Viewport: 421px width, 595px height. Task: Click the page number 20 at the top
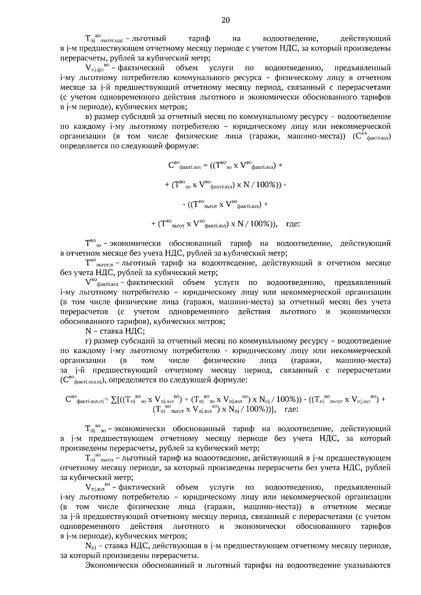point(225,20)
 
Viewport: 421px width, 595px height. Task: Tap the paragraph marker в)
point(89,117)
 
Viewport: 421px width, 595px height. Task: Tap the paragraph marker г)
point(88,341)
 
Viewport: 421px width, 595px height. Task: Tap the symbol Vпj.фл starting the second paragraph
point(98,67)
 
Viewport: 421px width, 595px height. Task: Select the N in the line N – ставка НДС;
point(88,331)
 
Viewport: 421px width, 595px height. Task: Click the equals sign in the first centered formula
point(205,166)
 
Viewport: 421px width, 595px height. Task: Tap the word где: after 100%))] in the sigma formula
point(291,409)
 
